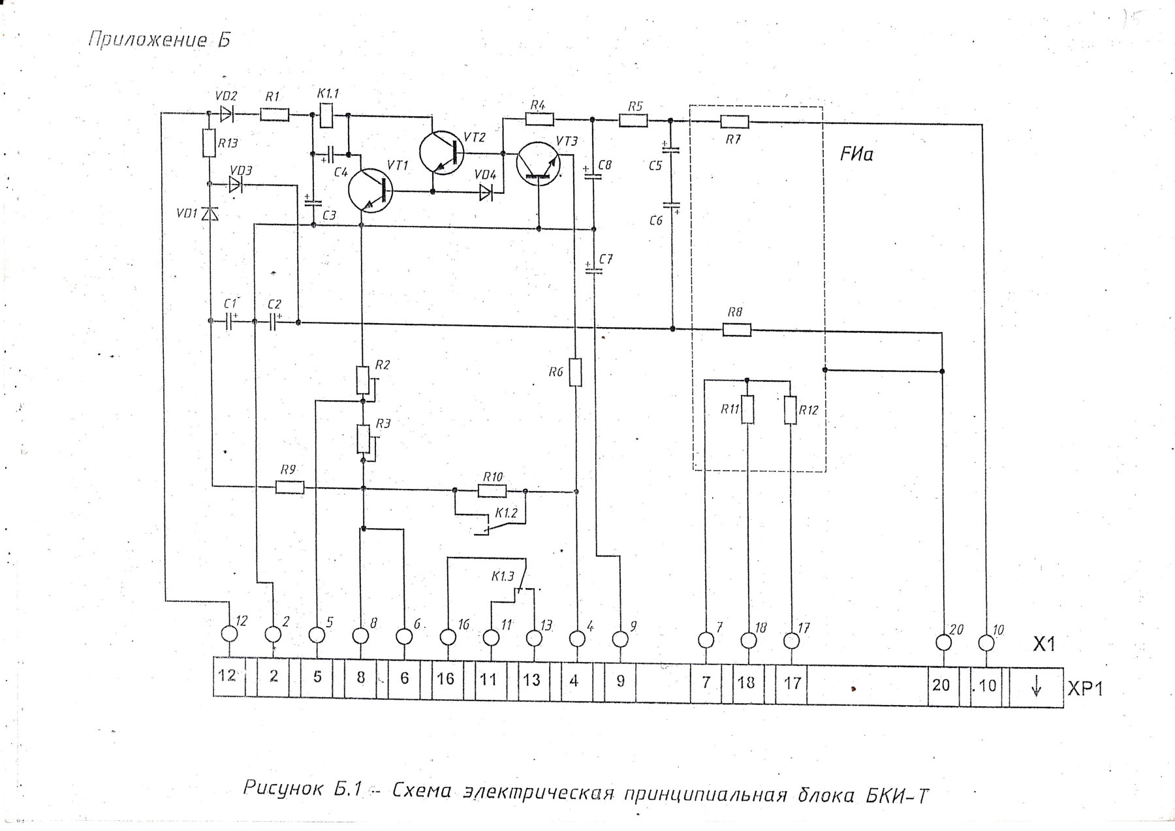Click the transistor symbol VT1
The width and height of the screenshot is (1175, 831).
tap(369, 191)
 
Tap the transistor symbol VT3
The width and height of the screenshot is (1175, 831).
tap(538, 163)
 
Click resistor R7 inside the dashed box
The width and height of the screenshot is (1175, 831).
tap(736, 121)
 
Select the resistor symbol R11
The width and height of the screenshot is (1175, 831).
tap(748, 410)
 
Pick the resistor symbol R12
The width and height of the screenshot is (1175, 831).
tap(791, 410)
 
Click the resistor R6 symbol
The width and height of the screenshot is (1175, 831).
tap(575, 372)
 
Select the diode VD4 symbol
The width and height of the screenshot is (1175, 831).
tap(486, 192)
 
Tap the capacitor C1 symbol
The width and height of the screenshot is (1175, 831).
tap(229, 322)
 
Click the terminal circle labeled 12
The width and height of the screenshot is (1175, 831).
tap(229, 633)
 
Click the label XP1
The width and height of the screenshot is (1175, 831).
tap(1085, 689)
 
